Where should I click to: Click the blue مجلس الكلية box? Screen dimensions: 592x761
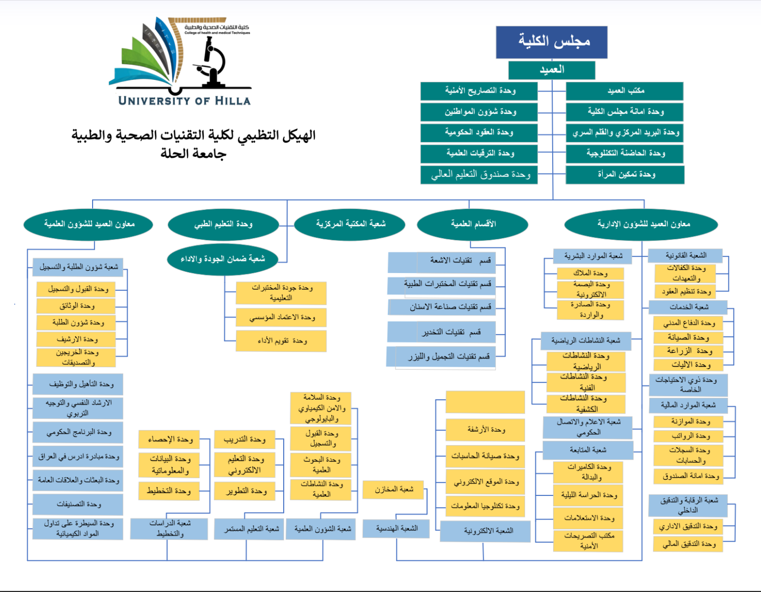point(552,42)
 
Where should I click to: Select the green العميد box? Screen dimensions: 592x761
point(552,70)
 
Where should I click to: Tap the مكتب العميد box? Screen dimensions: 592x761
point(625,91)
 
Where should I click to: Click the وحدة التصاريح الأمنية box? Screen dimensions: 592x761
point(479,91)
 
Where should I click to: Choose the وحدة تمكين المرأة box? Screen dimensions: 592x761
point(625,174)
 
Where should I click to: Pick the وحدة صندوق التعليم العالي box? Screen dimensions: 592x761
point(479,174)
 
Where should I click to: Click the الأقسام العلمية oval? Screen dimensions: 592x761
point(472,224)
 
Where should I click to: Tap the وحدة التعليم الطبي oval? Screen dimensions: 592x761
point(223,224)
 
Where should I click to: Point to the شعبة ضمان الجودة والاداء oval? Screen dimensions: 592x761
point(222,259)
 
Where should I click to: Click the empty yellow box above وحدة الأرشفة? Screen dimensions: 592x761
point(485,402)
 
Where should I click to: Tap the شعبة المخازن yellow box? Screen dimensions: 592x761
point(393,489)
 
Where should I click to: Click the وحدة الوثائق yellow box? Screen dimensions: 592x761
point(76,306)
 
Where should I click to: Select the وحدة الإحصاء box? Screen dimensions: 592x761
point(169,439)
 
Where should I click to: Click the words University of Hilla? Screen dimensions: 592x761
point(184,101)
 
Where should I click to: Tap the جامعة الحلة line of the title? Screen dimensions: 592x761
point(193,154)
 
